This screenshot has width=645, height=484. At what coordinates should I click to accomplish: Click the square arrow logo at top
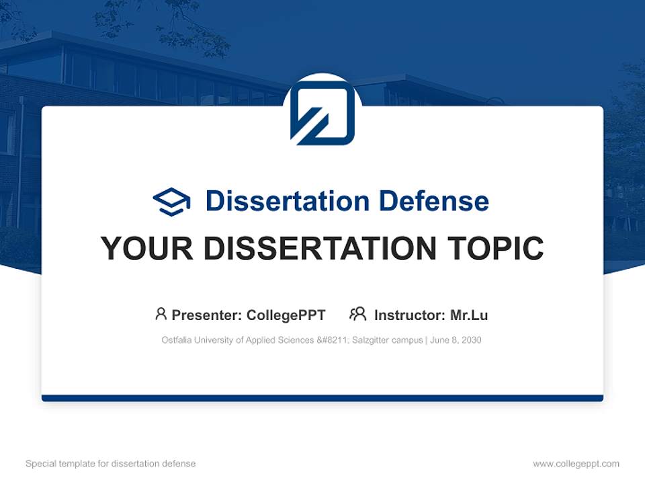(x=322, y=112)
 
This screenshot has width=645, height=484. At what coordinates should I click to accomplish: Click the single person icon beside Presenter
(x=161, y=314)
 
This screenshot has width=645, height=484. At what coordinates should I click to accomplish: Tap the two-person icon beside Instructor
(x=357, y=314)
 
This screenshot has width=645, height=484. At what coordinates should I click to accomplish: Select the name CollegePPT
(x=286, y=315)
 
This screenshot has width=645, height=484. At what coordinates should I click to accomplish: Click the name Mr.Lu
(x=469, y=315)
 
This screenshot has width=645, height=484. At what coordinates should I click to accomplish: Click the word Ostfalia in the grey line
(x=176, y=340)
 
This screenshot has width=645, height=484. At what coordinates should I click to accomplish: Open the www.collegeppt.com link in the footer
(x=576, y=464)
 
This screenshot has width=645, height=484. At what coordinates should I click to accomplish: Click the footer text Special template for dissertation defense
(x=111, y=464)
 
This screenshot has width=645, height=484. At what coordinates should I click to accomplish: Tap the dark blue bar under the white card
(x=322, y=398)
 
